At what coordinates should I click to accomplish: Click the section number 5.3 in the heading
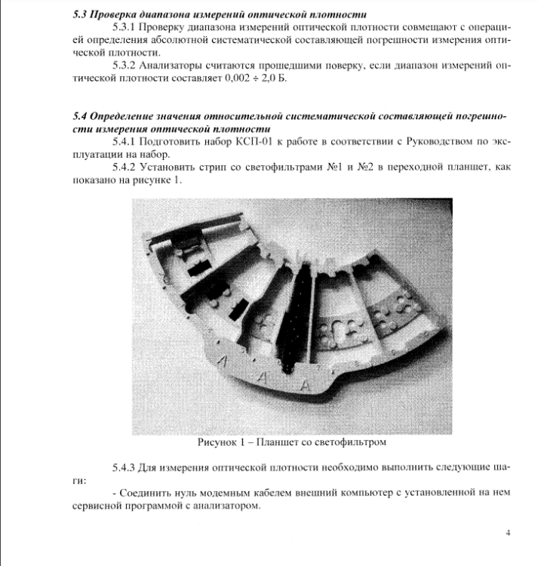81,14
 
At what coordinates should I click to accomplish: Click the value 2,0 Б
274,79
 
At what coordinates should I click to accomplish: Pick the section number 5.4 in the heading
81,117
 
